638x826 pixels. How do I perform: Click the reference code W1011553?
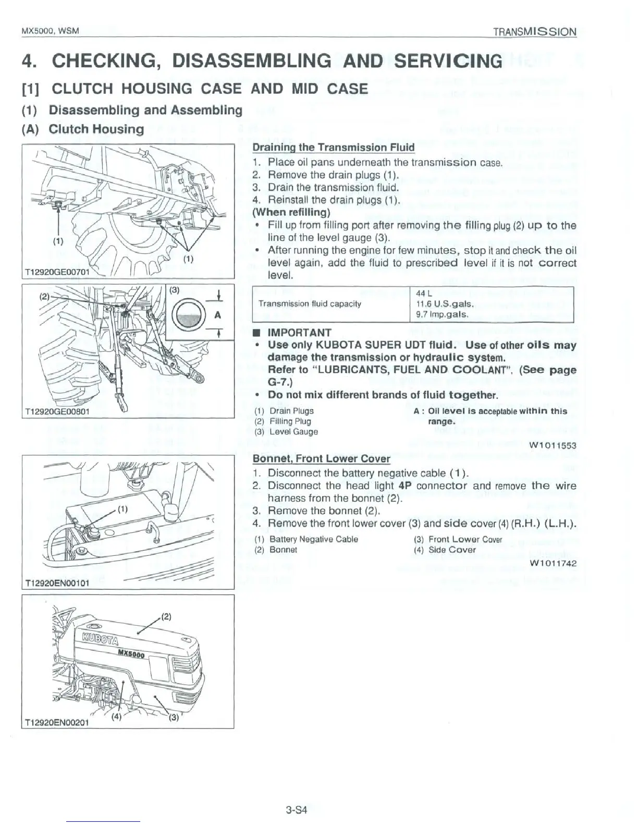click(x=553, y=445)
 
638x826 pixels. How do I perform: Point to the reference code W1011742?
click(x=553, y=563)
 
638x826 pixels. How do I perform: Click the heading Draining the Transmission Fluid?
click(x=334, y=148)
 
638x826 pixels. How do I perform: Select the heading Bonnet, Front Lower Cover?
click(x=321, y=459)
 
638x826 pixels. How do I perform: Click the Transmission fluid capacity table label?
click(x=310, y=303)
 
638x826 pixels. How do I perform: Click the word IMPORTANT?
click(x=299, y=333)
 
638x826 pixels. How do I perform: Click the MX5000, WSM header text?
click(x=50, y=31)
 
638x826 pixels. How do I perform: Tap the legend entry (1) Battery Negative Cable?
click(x=306, y=539)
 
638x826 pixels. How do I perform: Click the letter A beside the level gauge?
click(x=218, y=314)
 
